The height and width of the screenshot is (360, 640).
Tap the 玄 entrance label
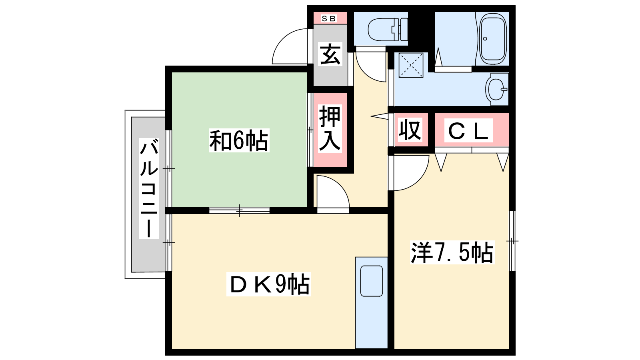click(330, 54)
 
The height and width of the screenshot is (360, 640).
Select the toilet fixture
click(388, 29)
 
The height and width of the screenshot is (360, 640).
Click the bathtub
click(492, 38)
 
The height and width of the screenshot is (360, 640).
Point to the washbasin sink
click(497, 89)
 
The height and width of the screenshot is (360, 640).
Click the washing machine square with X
click(411, 65)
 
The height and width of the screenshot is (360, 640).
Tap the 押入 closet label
click(330, 128)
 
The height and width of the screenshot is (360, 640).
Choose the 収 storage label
click(410, 130)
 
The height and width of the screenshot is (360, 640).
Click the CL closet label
click(468, 130)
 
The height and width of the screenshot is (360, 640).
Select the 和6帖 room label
click(239, 140)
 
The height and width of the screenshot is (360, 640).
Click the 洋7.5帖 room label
click(452, 252)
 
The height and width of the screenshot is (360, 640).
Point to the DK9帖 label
click(268, 284)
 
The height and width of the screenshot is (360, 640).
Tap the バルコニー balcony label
click(149, 188)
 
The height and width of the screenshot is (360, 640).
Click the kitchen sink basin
click(372, 281)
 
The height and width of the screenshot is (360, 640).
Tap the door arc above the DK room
click(333, 192)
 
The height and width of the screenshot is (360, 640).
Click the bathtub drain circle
click(485, 38)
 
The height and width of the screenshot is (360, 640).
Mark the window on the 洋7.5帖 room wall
click(512, 241)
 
